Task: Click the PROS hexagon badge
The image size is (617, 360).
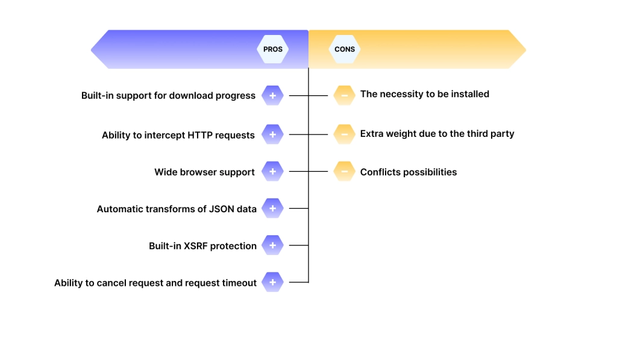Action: [x=273, y=49]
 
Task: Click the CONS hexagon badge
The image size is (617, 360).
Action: [x=345, y=49]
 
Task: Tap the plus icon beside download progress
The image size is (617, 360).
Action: [x=272, y=95]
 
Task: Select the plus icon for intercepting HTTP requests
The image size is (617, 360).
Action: [x=272, y=134]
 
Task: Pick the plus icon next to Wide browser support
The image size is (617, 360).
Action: [x=272, y=172]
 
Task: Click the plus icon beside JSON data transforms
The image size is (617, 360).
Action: [x=272, y=209]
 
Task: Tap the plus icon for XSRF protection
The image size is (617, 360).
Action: [x=272, y=245]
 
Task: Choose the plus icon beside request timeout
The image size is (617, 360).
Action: [x=272, y=282]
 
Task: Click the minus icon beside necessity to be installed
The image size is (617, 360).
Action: [x=344, y=95]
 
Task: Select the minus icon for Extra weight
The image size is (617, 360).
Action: [x=344, y=134]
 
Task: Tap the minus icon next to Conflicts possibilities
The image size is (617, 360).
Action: [x=344, y=172]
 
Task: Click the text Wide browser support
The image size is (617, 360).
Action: [x=204, y=172]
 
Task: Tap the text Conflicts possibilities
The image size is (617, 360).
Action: [x=408, y=172]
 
